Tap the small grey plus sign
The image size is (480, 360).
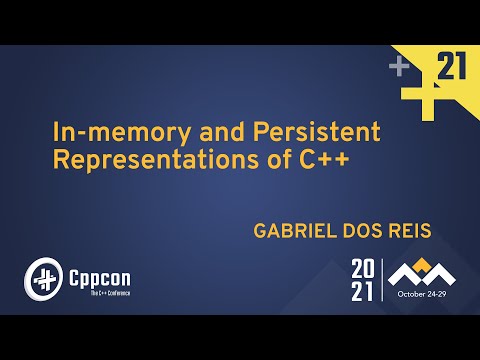click(x=399, y=66)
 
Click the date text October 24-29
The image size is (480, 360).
click(x=426, y=295)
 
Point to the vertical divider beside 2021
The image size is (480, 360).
click(x=381, y=280)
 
